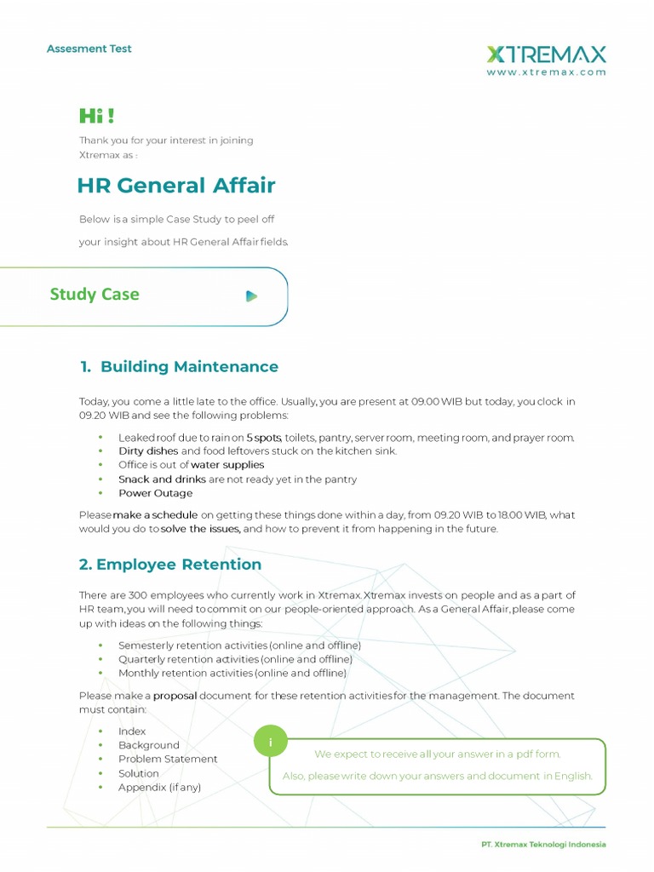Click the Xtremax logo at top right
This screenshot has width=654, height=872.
546,54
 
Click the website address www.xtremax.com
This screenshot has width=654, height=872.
546,73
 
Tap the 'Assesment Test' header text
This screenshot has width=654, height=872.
89,49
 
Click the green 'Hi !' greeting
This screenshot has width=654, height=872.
96,116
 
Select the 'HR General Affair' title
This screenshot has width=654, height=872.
176,186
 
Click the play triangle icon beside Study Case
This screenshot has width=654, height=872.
251,296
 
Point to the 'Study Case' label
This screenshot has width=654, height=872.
95,295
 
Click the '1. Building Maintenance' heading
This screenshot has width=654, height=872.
179,367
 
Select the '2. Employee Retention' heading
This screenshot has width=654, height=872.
170,565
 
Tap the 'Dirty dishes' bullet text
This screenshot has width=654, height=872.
148,451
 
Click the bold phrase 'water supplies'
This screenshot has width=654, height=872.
227,465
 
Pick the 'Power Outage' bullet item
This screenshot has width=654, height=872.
155,493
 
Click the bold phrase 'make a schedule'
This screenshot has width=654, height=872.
156,515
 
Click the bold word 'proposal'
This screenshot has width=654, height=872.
175,696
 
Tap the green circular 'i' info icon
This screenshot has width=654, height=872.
271,743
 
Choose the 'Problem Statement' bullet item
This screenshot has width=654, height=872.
168,759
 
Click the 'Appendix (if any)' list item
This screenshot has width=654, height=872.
159,787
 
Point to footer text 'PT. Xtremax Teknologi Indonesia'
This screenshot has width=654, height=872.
543,844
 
